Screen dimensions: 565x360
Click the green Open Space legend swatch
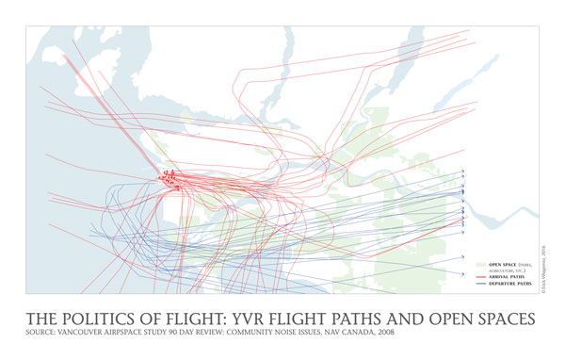[479, 265]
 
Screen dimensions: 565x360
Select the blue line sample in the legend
[479, 284]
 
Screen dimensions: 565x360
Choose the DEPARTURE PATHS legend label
[510, 284]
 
